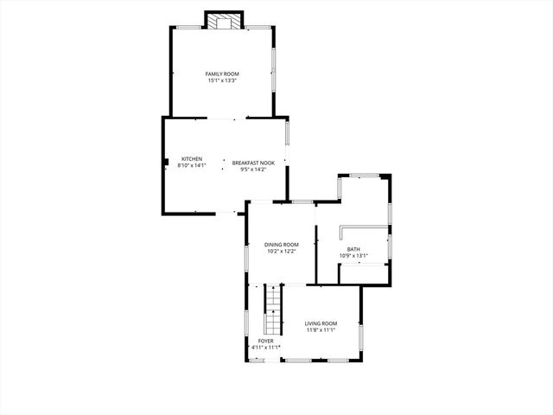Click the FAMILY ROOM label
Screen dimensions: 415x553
point(222,74)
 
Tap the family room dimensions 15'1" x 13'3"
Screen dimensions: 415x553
point(222,80)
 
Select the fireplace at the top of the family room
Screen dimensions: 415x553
point(224,21)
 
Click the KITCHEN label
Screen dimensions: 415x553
point(191,158)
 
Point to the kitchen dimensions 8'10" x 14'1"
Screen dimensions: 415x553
point(191,164)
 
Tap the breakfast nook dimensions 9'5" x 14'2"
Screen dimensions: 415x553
point(253,169)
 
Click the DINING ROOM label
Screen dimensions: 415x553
point(282,245)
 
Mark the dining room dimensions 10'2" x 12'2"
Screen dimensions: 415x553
point(282,252)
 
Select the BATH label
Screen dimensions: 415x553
point(354,249)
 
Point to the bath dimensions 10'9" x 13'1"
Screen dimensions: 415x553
point(354,256)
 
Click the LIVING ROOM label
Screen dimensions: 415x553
point(321,323)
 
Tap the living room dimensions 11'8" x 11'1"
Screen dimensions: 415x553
point(321,330)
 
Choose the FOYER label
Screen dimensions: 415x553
point(265,341)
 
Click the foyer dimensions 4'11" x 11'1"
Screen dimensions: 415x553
point(265,347)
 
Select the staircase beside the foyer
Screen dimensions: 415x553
point(273,310)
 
